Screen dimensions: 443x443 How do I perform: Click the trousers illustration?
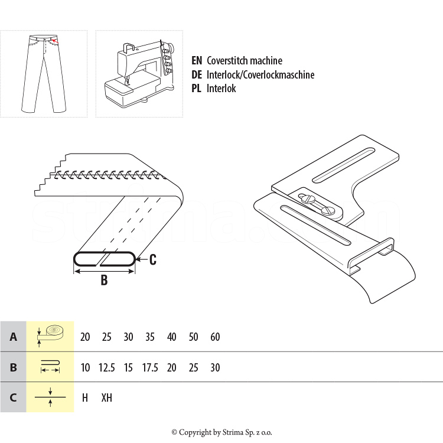pyautogui.click(x=43, y=73)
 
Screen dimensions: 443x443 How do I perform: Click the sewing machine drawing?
pyautogui.click(x=139, y=73)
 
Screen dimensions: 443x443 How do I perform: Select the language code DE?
pyautogui.click(x=197, y=75)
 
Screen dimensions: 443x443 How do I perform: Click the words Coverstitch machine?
pyautogui.click(x=244, y=61)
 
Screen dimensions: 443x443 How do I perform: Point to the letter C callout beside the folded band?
pyautogui.click(x=152, y=259)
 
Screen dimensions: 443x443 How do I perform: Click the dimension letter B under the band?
pyautogui.click(x=104, y=281)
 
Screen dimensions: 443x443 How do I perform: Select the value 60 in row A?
pyautogui.click(x=215, y=337)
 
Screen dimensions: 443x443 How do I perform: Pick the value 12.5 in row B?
pyautogui.click(x=106, y=367)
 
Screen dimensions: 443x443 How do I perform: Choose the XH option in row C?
pyautogui.click(x=106, y=398)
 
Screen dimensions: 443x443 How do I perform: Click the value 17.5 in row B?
pyautogui.click(x=150, y=367)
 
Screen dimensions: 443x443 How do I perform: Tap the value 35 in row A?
pyautogui.click(x=150, y=337)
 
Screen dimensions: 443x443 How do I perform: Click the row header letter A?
pyautogui.click(x=13, y=337)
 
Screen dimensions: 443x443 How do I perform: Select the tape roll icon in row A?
pyautogui.click(x=50, y=335)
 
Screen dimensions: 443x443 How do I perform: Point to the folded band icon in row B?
pyautogui.click(x=50, y=366)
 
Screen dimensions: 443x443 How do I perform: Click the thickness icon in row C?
pyautogui.click(x=50, y=397)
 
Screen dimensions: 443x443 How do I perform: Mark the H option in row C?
pyautogui.click(x=85, y=398)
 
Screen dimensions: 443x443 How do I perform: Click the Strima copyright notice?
pyautogui.click(x=221, y=432)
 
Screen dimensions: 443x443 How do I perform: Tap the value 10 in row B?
pyautogui.click(x=85, y=367)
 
